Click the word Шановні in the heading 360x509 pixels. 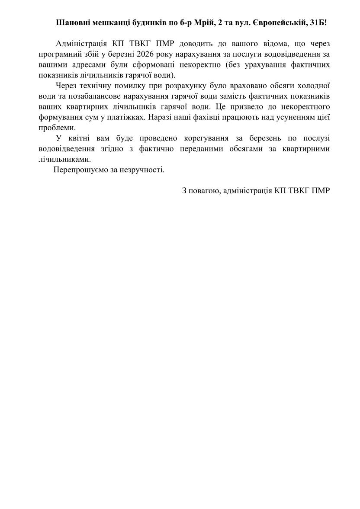click(72, 22)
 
